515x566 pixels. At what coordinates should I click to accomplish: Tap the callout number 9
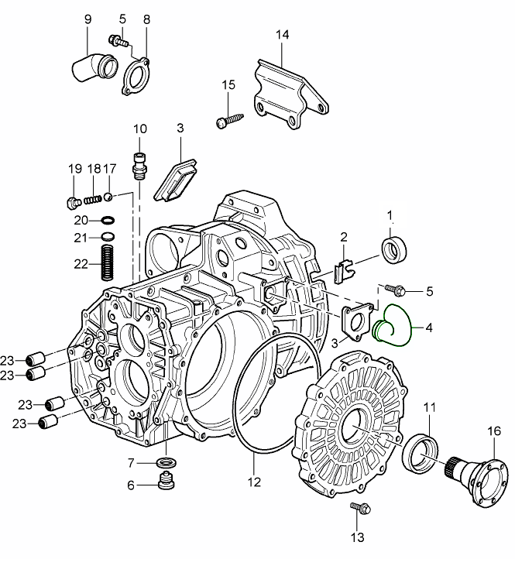(88, 17)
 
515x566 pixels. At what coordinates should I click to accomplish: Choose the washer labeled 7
(164, 464)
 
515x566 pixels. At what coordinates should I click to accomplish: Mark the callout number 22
(81, 263)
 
